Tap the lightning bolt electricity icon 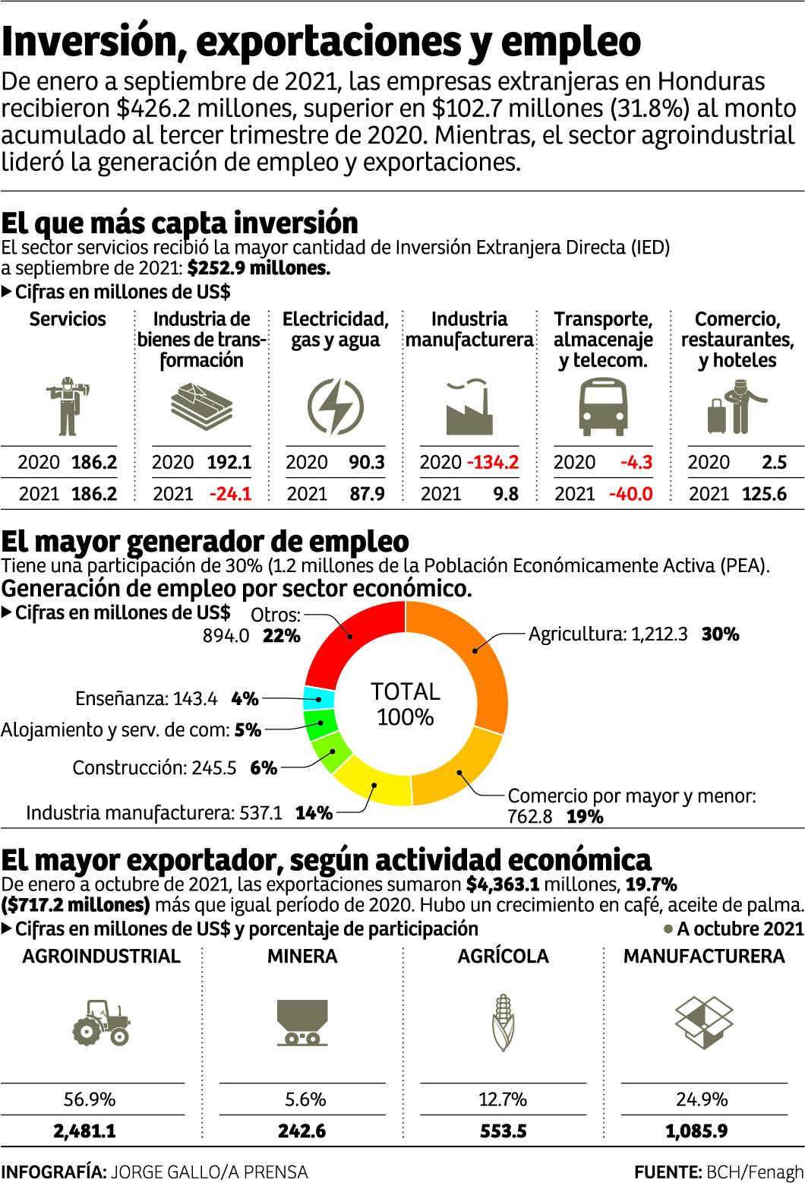(x=335, y=405)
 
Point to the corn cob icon (x=504, y=1022)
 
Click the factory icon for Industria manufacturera (x=469, y=405)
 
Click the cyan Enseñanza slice (x=317, y=697)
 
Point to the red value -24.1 (x=229, y=494)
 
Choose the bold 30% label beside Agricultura (x=720, y=634)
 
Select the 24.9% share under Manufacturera (x=702, y=1099)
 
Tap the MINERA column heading (x=301, y=956)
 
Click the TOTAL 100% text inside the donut (x=405, y=704)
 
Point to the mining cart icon (x=301, y=1022)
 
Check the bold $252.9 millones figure (x=258, y=268)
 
